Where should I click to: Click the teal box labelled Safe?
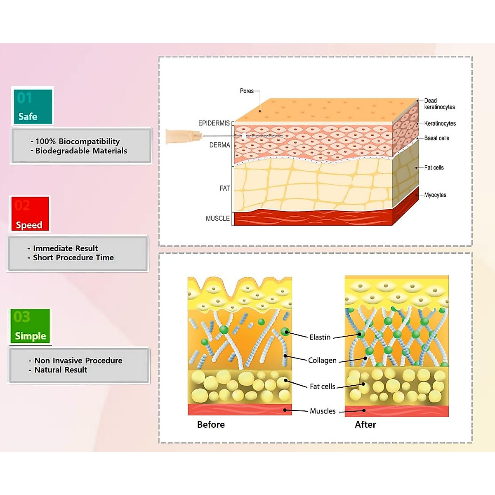(x=33, y=106)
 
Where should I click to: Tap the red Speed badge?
(x=29, y=214)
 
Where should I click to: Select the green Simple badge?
(x=30, y=326)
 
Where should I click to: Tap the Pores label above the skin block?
(x=247, y=91)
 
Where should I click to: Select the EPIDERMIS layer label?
(x=214, y=123)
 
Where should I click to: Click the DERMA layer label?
(x=219, y=145)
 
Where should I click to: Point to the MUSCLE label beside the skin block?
(x=217, y=218)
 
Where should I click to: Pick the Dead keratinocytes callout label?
(x=439, y=104)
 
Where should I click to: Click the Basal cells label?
(x=436, y=138)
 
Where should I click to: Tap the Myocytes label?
(x=435, y=195)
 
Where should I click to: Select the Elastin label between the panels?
(x=320, y=337)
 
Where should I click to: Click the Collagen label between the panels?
(x=322, y=361)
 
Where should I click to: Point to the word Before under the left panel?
(x=211, y=424)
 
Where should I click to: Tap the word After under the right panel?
(x=365, y=424)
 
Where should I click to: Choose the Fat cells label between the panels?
(x=322, y=387)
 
